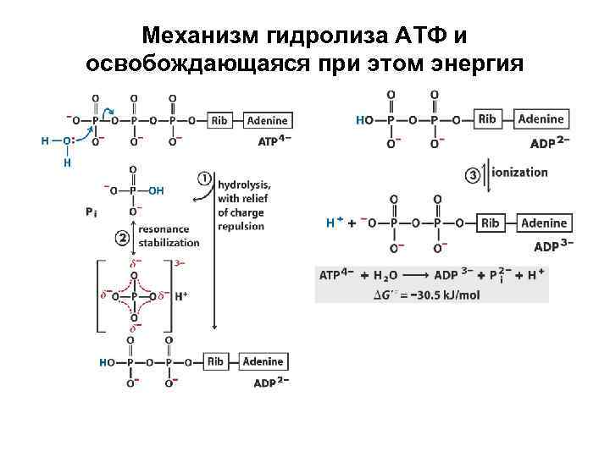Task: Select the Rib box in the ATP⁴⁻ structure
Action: click(219, 120)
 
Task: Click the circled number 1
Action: click(204, 179)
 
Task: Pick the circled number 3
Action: click(474, 174)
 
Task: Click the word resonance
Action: click(164, 229)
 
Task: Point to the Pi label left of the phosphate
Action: click(92, 212)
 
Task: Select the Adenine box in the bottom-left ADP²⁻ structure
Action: click(263, 361)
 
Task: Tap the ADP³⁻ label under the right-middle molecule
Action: click(553, 246)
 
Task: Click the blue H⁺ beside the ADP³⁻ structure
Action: click(334, 223)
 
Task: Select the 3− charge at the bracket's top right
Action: click(179, 263)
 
